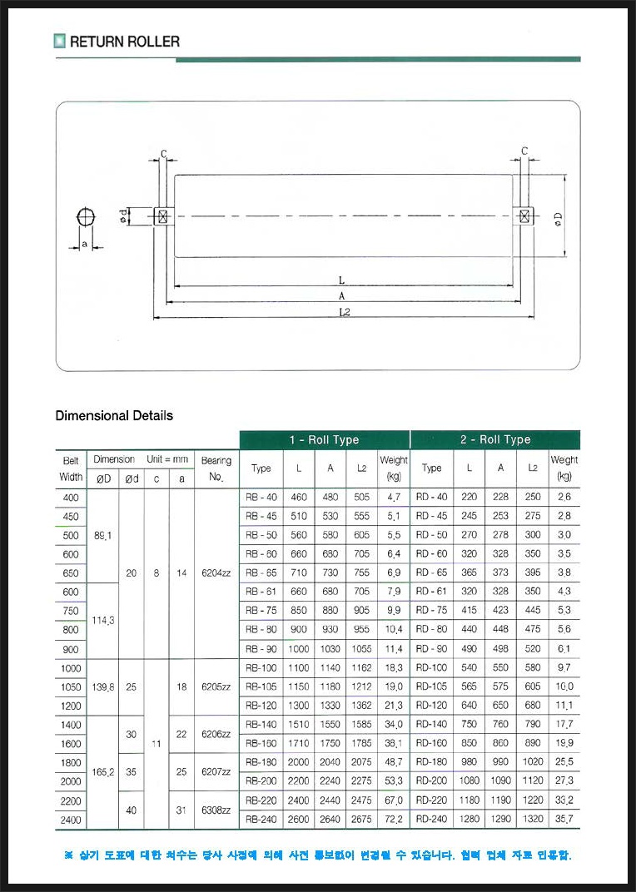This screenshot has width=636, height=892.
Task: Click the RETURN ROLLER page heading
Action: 124,41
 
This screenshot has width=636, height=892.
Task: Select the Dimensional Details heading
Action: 114,415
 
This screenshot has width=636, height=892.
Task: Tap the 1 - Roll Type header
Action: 324,439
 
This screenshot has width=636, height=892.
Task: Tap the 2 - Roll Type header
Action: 494,439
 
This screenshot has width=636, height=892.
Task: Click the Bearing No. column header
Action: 216,468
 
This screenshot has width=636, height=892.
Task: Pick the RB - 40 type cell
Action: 261,497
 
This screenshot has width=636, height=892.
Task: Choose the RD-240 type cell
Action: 431,820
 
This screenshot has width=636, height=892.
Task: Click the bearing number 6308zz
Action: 216,810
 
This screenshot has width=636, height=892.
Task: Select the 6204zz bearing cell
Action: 216,572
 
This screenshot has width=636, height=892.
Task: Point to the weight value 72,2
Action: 394,820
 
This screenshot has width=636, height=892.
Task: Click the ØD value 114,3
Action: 103,620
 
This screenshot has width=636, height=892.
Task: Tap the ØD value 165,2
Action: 103,771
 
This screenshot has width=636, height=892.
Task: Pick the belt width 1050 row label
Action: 71,686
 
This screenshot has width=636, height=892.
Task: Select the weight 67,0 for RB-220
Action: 394,800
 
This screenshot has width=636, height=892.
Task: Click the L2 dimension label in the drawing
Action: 344,310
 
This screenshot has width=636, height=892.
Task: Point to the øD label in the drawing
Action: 558,218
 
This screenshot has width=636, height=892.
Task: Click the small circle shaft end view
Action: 85,216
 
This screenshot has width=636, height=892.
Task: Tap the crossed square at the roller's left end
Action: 162,216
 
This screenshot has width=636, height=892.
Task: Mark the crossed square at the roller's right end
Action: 524,216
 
